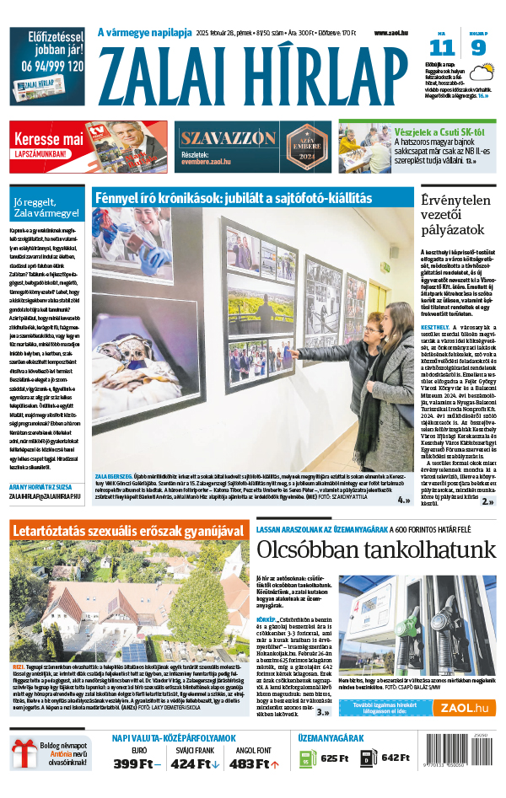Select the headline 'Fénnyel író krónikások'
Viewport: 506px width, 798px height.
point(232,197)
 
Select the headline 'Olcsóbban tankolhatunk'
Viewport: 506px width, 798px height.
point(375,551)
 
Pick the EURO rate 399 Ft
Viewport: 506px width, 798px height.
point(137,763)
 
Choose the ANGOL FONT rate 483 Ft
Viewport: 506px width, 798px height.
point(254,763)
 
